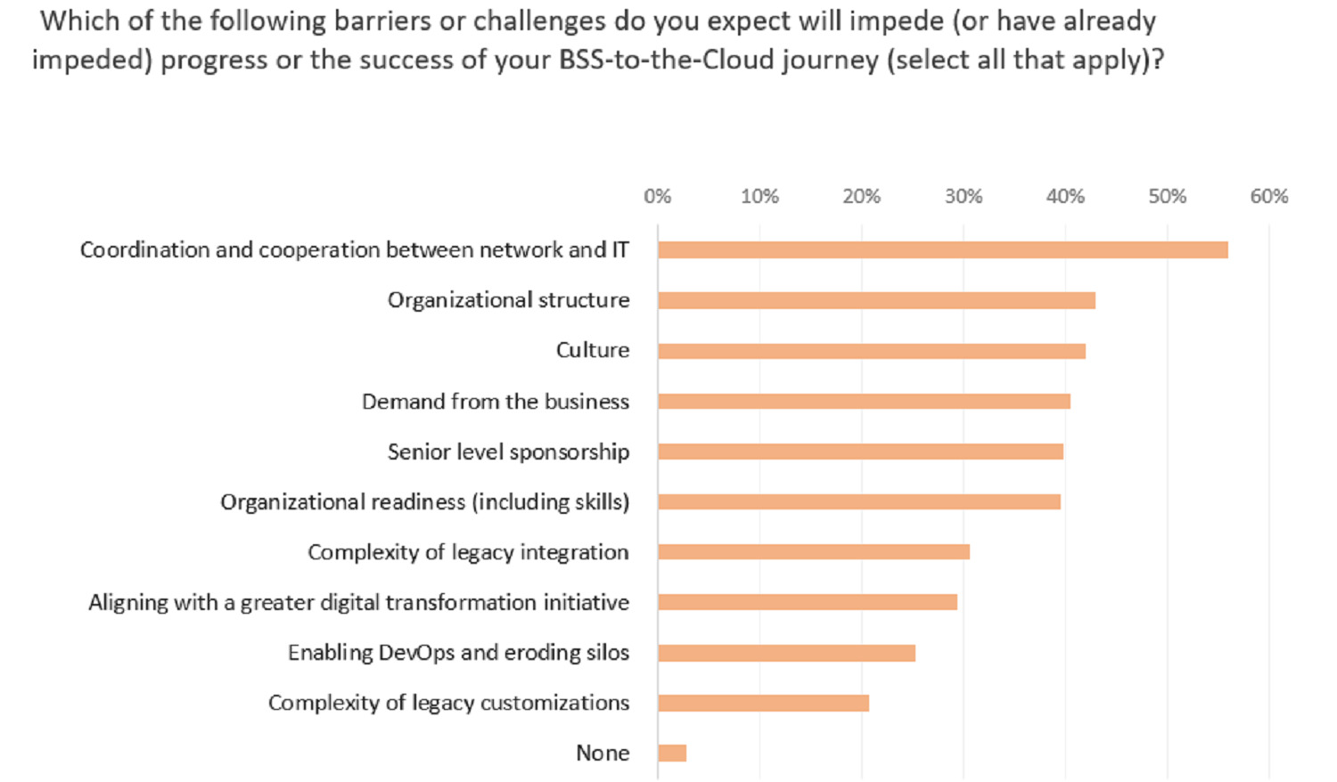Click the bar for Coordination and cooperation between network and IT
[x=942, y=250]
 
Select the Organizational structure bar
[x=876, y=301]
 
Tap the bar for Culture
[x=871, y=351]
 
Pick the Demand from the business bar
[x=864, y=402]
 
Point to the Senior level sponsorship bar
[x=860, y=452]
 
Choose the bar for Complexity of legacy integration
[x=813, y=552]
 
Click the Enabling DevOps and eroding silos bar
[x=786, y=653]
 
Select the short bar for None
[x=672, y=753]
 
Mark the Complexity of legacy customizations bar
[x=763, y=704]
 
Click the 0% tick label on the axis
[x=657, y=197]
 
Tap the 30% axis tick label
[x=964, y=197]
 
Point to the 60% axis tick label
[x=1268, y=197]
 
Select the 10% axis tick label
[x=759, y=197]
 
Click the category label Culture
[x=593, y=350]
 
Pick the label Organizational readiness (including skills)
[x=425, y=502]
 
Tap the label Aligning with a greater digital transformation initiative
[x=358, y=603]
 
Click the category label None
[x=603, y=753]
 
